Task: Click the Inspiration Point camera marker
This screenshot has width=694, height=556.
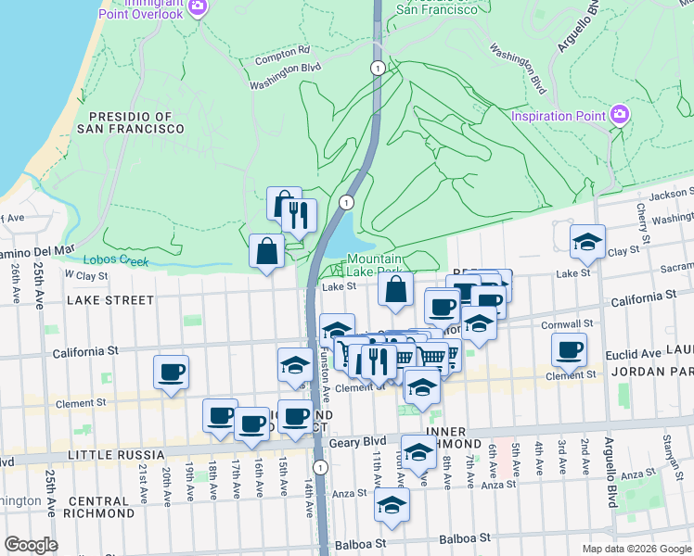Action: [620, 116]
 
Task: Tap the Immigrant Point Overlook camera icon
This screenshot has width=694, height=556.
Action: [197, 6]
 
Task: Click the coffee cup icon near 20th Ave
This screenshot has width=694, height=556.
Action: [172, 373]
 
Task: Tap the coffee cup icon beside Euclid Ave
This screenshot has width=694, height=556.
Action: [569, 349]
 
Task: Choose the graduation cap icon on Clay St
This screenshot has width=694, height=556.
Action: [586, 242]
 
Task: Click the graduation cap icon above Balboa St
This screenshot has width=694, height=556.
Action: [392, 506]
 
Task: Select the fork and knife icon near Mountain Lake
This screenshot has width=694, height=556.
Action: [299, 216]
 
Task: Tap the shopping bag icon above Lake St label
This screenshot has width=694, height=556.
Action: [395, 288]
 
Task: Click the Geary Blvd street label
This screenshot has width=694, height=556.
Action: [362, 443]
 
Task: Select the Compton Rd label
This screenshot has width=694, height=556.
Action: [284, 52]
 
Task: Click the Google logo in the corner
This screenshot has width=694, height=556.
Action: [31, 545]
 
